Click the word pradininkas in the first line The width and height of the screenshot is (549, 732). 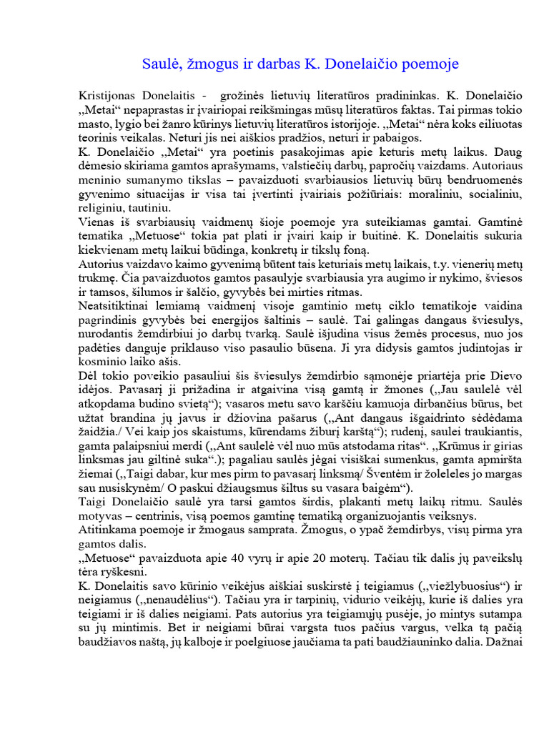pyautogui.click(x=403, y=95)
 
